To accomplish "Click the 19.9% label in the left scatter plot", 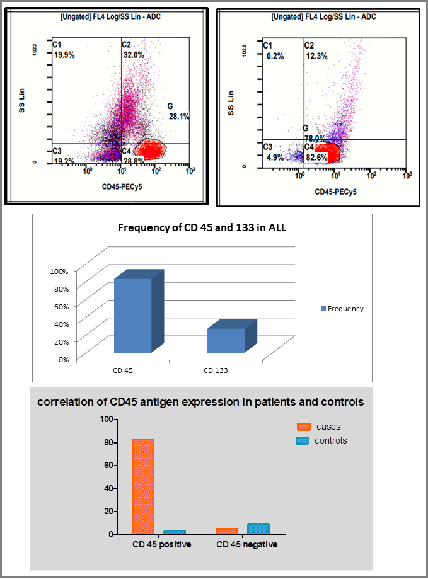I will [x=64, y=55].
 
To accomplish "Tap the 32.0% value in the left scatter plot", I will [x=133, y=55].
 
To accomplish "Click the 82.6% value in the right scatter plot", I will [x=316, y=157].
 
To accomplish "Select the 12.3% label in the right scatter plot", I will [x=316, y=56].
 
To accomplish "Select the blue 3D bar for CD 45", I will [x=133, y=315].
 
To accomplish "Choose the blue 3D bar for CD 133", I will [x=226, y=340].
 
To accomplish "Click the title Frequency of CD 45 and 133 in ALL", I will [x=202, y=227].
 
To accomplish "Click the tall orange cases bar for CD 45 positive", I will [x=143, y=486].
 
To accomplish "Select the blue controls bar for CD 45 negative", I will [x=258, y=528].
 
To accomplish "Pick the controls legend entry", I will [x=321, y=440].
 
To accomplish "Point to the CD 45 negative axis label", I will [x=246, y=544].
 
